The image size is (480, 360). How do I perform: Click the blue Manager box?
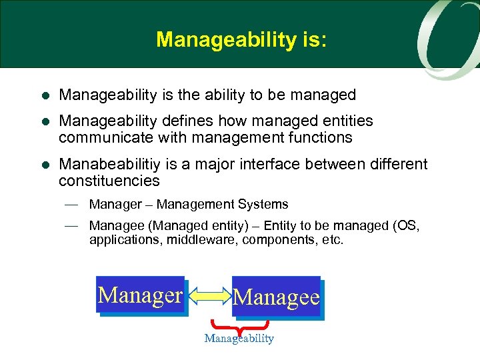141,295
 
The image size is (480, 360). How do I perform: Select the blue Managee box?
277,297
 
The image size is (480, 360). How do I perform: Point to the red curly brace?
239,326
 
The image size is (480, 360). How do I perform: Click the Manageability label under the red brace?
239,339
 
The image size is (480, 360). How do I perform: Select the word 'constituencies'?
109,181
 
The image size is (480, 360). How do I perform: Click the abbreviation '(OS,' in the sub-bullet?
406,225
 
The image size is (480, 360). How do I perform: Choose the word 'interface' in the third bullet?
272,164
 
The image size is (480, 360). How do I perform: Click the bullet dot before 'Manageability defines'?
44,122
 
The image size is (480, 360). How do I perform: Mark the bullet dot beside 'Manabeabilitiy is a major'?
44,165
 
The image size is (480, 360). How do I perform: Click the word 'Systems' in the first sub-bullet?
265,205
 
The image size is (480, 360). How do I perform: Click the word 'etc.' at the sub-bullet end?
332,239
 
